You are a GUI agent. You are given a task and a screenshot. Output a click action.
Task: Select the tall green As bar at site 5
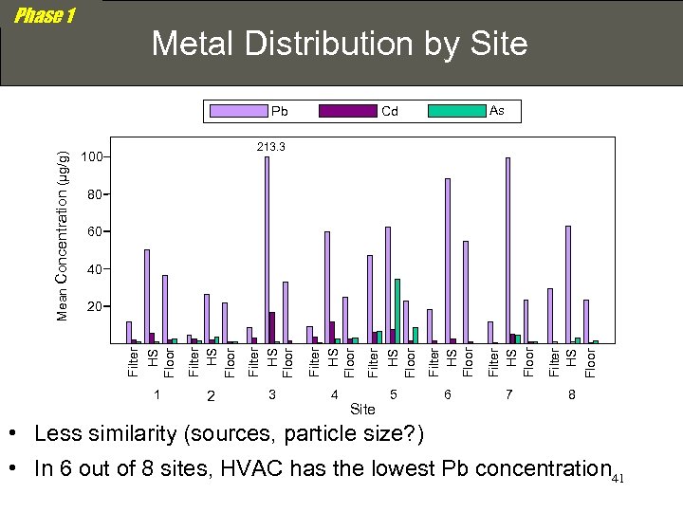click(x=397, y=311)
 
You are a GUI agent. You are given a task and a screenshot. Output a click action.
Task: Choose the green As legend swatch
click(x=456, y=111)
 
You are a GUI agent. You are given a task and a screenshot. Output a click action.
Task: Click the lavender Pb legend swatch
click(x=238, y=111)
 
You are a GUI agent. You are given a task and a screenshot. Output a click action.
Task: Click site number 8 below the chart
click(x=571, y=393)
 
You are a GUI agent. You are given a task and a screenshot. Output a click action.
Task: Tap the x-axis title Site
click(x=362, y=410)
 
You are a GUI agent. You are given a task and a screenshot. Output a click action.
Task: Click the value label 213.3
click(x=270, y=147)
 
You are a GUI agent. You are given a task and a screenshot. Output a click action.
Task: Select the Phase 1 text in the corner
click(x=45, y=16)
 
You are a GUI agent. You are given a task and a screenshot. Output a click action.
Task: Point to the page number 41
click(x=618, y=478)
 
